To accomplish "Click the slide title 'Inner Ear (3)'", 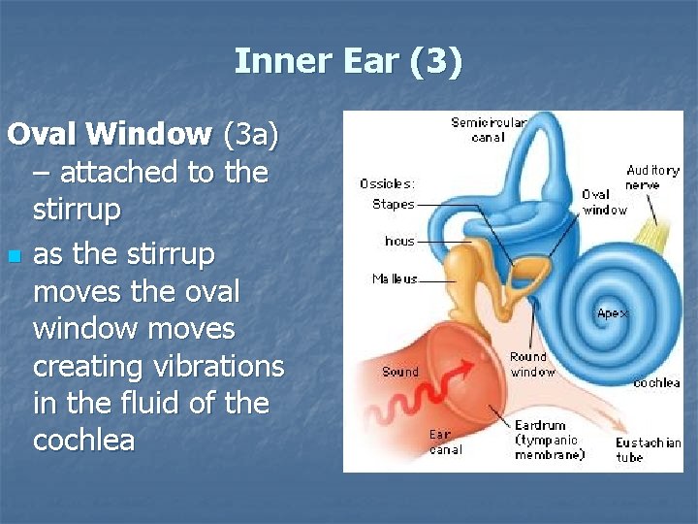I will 349,62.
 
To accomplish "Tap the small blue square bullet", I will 13,257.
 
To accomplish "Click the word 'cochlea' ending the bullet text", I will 83,440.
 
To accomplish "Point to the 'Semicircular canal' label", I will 489,129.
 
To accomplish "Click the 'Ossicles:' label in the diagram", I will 388,183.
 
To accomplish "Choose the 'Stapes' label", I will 393,204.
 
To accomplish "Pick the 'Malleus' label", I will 395,278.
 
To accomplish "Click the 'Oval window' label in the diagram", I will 603,202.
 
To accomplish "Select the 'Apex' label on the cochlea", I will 613,313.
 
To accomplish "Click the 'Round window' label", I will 532,364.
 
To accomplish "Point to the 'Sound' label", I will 399,372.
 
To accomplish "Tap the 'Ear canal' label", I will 446,442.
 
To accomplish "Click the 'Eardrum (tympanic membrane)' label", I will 549,440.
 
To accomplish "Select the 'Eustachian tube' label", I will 648,449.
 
